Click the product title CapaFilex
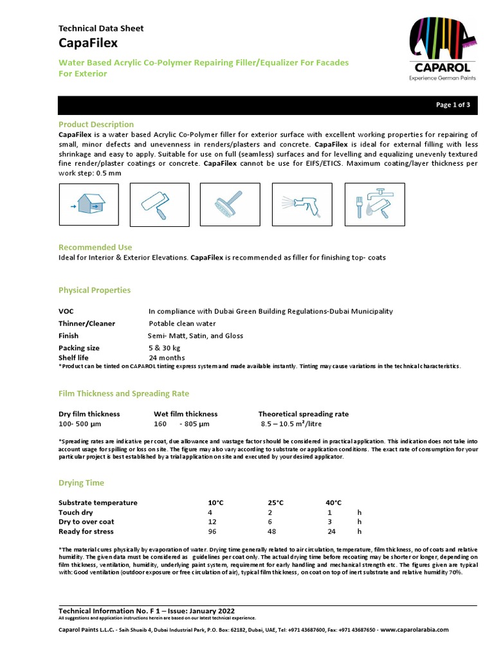click(88, 42)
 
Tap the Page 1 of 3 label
click(453, 105)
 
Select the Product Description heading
click(96, 124)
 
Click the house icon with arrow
click(84, 205)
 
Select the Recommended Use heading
click(95, 247)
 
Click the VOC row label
click(66, 311)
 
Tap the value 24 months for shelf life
click(167, 358)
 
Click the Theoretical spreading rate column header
click(304, 414)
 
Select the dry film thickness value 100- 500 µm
click(80, 424)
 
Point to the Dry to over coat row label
click(86, 522)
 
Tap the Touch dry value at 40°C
click(329, 512)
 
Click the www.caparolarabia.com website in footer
click(415, 630)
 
